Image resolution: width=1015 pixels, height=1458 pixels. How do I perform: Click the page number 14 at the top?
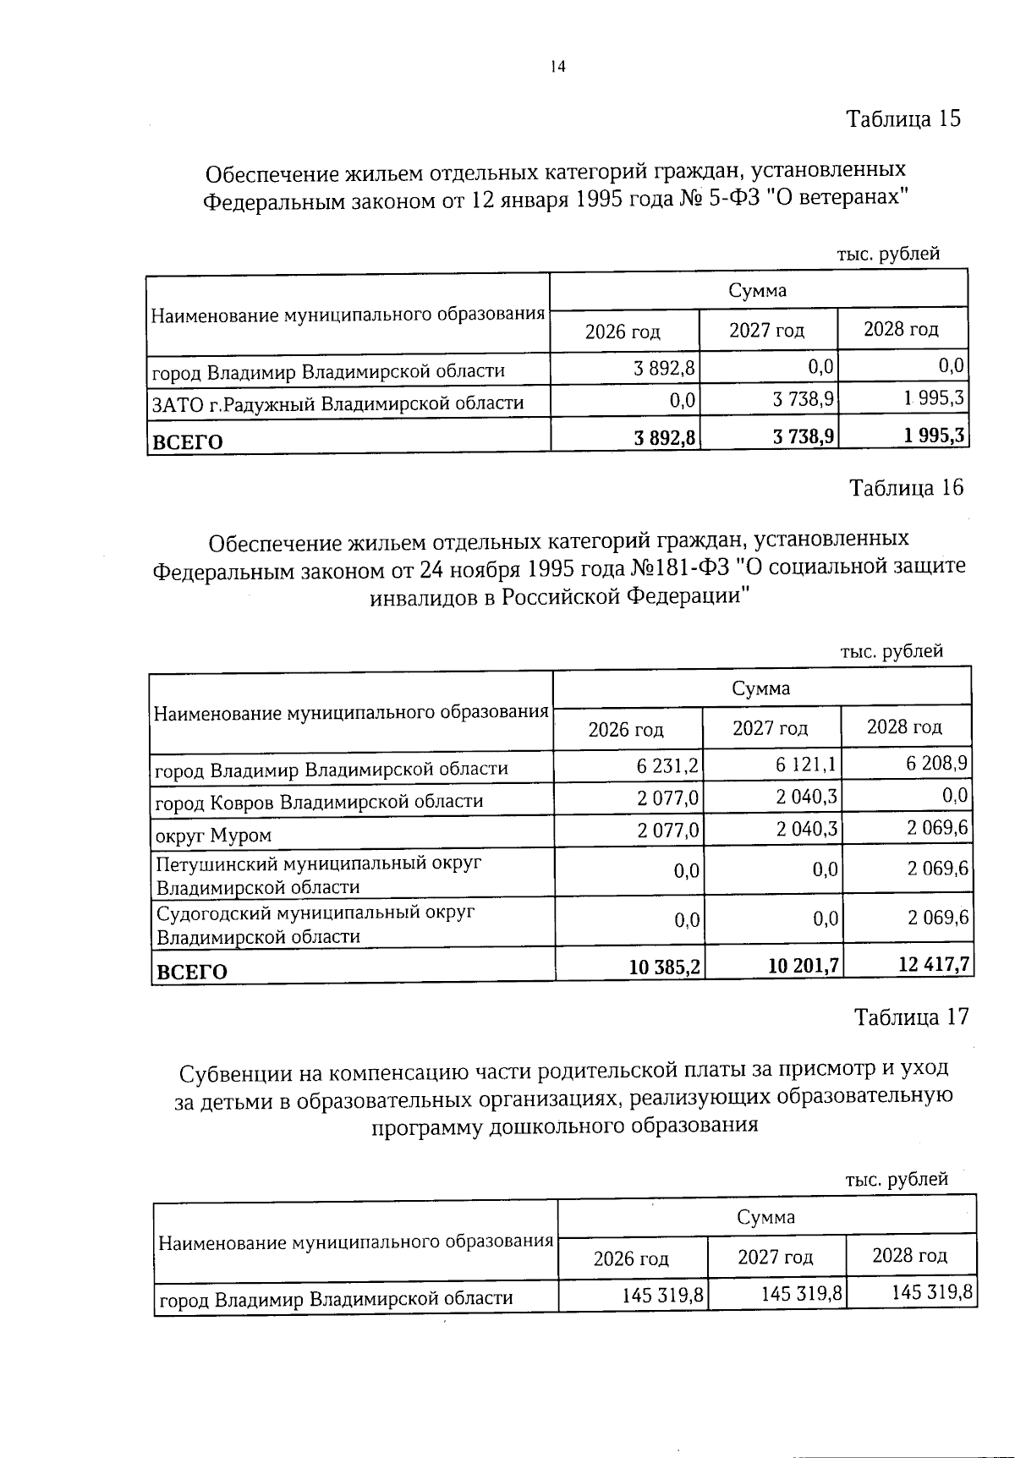point(557,68)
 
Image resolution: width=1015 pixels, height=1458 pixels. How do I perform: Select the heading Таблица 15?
point(903,118)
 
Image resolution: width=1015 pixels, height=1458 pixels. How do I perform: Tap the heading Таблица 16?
point(906,488)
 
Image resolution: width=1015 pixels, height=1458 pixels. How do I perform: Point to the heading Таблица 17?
point(911,1017)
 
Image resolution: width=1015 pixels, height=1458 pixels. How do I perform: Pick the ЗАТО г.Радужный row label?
point(337,403)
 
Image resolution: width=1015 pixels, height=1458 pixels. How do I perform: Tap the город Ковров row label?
point(319,801)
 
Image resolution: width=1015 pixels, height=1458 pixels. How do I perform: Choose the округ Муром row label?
point(213,836)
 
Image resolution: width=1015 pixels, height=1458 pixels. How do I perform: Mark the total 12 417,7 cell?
point(934,965)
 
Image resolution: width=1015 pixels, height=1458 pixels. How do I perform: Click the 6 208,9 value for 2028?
point(937,764)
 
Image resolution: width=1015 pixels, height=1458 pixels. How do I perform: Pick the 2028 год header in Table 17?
point(909,1255)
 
